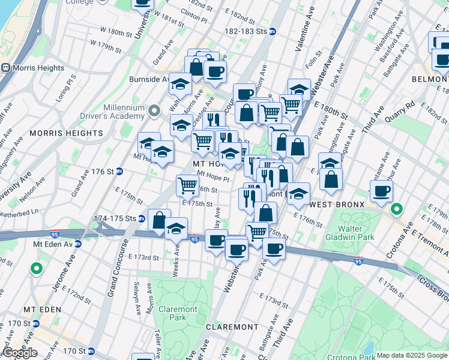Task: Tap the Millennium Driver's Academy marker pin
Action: pos(154,110)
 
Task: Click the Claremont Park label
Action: pos(178,313)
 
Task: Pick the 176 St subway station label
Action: pos(104,171)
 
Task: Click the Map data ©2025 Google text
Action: pos(412,355)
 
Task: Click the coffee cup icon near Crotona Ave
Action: pos(381,191)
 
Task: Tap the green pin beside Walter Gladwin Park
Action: pos(396,209)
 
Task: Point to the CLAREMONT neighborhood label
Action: pos(232,327)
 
